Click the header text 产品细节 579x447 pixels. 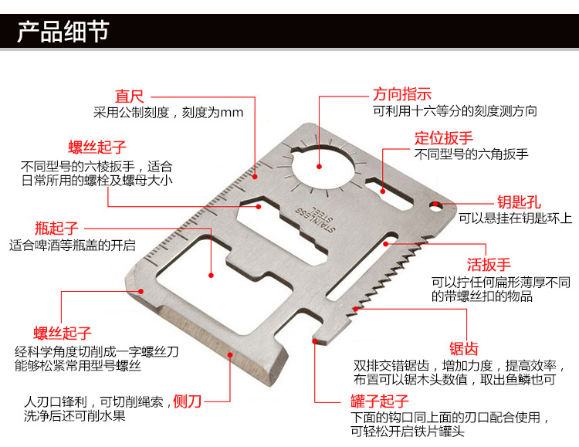[x=63, y=33]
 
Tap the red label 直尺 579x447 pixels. [x=130, y=96]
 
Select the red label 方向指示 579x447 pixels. [x=402, y=94]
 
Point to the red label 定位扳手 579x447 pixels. [x=444, y=137]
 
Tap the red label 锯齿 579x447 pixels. [x=465, y=347]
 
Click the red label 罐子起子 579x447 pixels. [x=379, y=401]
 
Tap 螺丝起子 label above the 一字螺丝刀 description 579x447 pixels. [x=63, y=334]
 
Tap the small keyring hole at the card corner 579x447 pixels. [x=435, y=206]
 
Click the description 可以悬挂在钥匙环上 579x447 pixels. [x=515, y=218]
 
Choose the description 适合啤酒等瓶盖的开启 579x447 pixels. [x=73, y=246]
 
